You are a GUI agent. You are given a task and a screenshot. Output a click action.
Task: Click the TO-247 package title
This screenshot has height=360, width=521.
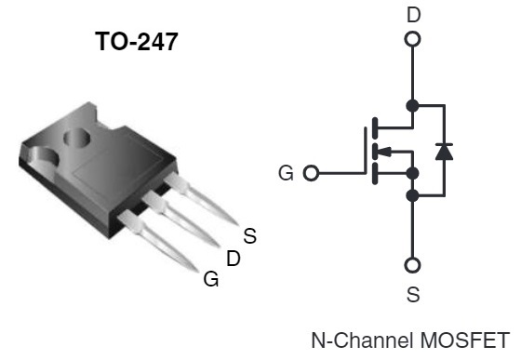point(137,41)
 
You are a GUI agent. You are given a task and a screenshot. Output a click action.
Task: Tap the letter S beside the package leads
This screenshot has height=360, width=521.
point(250,235)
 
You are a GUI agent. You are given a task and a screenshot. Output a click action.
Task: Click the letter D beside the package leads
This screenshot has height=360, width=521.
point(234,258)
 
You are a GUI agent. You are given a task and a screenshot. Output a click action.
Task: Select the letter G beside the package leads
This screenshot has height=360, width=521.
point(211,279)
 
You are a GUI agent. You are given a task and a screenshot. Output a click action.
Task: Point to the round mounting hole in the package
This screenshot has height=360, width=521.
point(76,139)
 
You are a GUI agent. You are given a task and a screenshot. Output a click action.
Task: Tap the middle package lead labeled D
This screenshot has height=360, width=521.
point(180,219)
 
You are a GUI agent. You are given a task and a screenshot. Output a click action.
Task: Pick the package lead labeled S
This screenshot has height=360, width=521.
point(200,198)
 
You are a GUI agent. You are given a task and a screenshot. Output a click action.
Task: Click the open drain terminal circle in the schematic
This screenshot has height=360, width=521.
point(412,39)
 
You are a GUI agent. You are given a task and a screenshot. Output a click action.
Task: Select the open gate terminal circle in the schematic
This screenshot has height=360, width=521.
point(311,173)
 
